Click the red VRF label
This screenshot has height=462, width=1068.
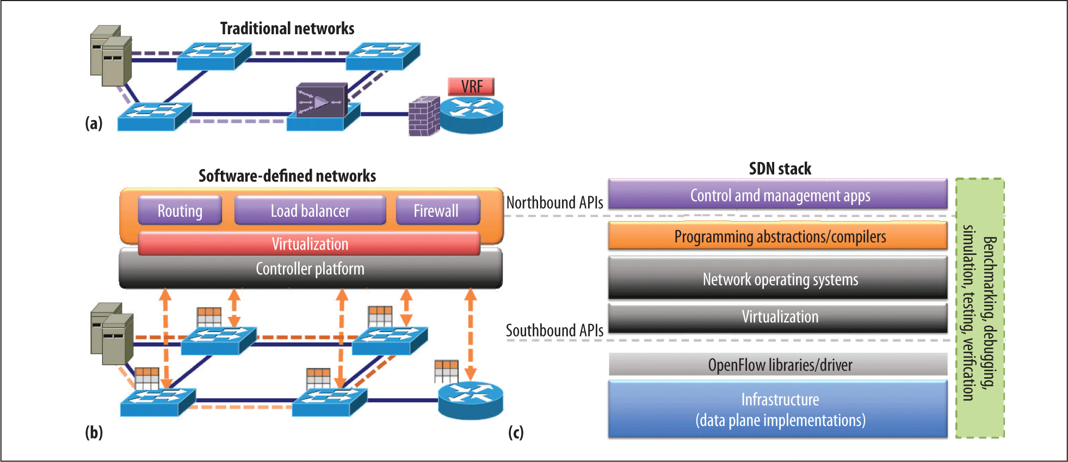pyautogui.click(x=471, y=86)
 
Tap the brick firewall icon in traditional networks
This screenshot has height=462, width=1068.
pyautogui.click(x=424, y=116)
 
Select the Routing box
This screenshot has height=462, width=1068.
pyautogui.click(x=180, y=210)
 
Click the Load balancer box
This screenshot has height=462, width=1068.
pyautogui.click(x=310, y=210)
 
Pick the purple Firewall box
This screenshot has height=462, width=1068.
pyautogui.click(x=437, y=210)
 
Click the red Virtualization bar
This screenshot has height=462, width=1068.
pyautogui.click(x=310, y=244)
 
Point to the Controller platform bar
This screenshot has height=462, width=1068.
pyautogui.click(x=310, y=269)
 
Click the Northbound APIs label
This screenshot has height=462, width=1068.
pyautogui.click(x=554, y=203)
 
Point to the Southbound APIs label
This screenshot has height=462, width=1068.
pyautogui.click(x=554, y=330)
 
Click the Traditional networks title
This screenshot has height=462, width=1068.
pyautogui.click(x=287, y=28)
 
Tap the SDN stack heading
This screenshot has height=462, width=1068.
pyautogui.click(x=780, y=168)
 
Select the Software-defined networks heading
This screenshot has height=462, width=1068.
pyautogui.click(x=287, y=176)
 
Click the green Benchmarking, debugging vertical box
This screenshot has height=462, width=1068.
pyautogui.click(x=980, y=308)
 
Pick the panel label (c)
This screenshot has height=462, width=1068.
pyautogui.click(x=516, y=433)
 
